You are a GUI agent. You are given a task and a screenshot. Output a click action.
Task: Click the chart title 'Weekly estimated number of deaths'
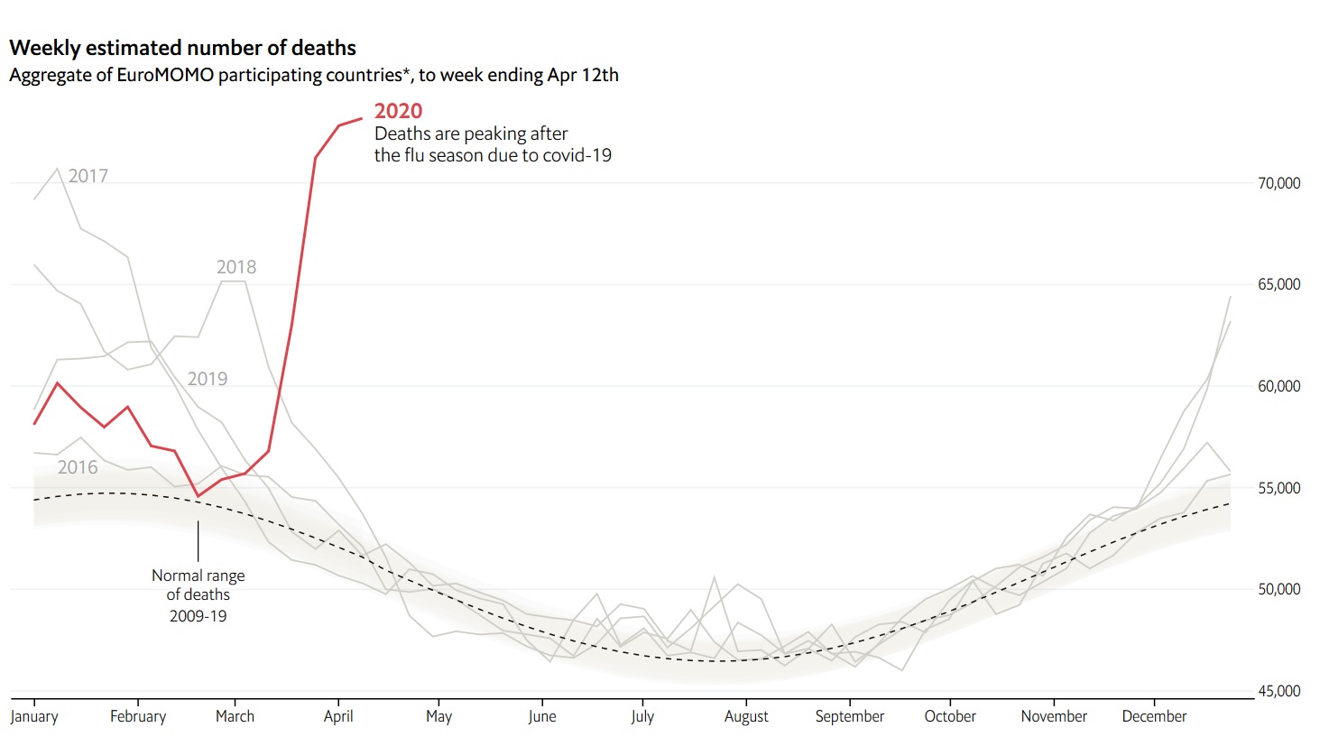click(182, 48)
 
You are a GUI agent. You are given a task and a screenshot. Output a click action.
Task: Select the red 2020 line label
click(398, 111)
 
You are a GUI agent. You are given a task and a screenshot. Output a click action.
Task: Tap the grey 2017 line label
click(88, 176)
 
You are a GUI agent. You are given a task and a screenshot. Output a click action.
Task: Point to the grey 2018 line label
click(236, 267)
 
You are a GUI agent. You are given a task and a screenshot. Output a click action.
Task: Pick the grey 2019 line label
click(208, 379)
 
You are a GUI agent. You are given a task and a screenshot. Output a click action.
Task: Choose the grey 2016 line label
click(78, 467)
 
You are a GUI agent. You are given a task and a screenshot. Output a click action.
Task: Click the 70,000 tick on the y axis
click(1278, 183)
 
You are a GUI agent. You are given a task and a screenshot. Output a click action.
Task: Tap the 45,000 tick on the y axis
click(1278, 691)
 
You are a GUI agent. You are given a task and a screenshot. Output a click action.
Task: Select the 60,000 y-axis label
click(1278, 386)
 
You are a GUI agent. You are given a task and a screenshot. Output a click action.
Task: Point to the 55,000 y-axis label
click(1278, 488)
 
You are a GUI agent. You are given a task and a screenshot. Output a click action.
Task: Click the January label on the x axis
click(34, 716)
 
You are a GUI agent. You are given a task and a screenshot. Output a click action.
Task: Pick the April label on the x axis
click(338, 716)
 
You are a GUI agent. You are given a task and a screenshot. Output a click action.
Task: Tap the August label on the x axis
click(746, 716)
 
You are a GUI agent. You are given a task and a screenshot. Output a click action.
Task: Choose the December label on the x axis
click(1154, 716)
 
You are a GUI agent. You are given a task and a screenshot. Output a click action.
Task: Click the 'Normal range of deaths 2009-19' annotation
click(198, 595)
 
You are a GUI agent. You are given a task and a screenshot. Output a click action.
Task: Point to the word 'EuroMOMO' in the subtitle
click(165, 75)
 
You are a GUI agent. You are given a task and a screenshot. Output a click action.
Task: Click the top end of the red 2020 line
click(362, 118)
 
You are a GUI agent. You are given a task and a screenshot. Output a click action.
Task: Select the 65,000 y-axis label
click(1278, 284)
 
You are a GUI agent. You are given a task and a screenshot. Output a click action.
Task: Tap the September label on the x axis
click(849, 716)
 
